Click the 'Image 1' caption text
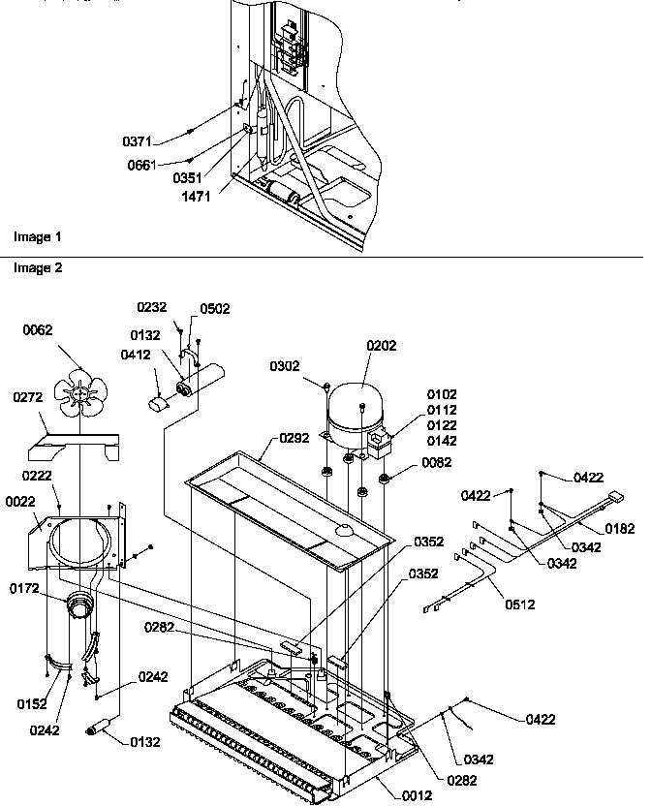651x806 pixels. point(37,236)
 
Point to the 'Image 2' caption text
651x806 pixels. point(37,267)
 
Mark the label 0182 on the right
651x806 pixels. point(620,529)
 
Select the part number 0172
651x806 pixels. point(26,587)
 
